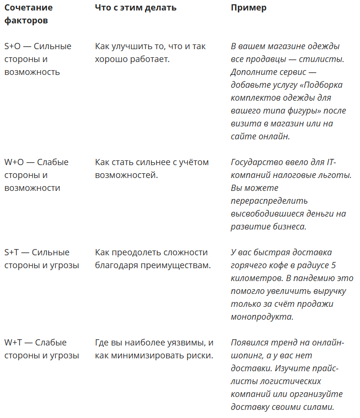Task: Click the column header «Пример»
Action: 249,8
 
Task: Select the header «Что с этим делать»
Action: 136,8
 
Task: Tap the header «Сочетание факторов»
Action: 29,14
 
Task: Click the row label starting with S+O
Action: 38,59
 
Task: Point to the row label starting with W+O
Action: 36,175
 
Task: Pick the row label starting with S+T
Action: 42,259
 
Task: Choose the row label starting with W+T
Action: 42,349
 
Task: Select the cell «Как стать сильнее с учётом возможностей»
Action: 152,168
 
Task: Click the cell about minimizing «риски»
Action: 154,349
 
